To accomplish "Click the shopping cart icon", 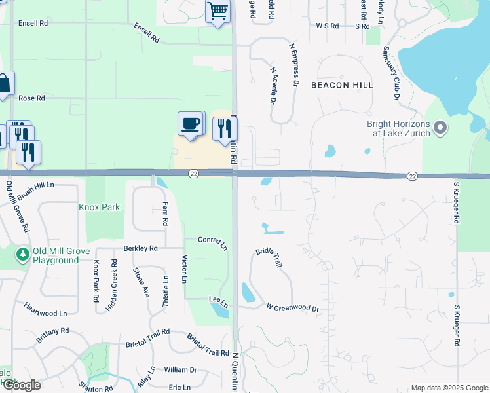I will (217, 11).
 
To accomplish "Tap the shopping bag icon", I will (4, 83).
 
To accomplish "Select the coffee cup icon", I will (191, 123).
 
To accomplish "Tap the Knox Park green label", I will (100, 207).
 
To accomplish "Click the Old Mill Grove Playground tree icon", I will (22, 253).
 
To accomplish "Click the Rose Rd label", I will (31, 98).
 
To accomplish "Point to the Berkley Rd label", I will (140, 248).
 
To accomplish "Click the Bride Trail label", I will (269, 256).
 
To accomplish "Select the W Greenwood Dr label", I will (292, 307).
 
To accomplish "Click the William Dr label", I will (180, 370).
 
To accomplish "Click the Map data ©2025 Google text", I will (449, 388).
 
